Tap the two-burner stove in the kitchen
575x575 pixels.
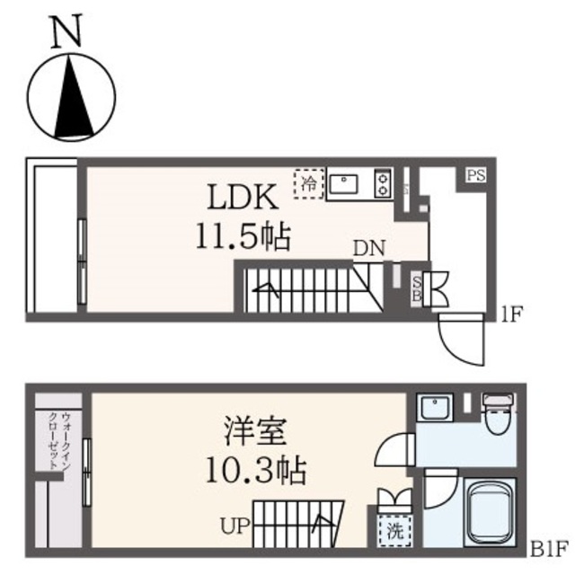383,183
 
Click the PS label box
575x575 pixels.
475,175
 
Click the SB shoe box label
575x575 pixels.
416,289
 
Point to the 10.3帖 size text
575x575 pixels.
256,469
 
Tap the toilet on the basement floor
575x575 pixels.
495,412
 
